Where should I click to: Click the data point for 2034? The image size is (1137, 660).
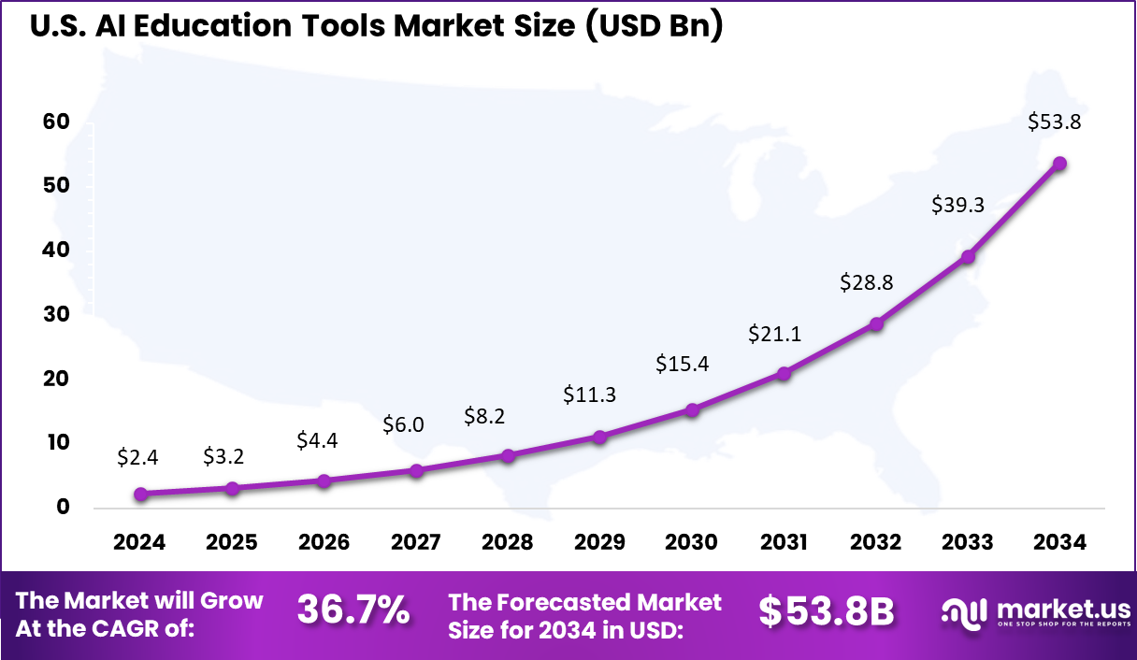coord(1059,163)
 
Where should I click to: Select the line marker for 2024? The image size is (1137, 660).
coord(140,494)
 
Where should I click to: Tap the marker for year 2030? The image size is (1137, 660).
coord(692,409)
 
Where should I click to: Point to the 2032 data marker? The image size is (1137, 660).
coord(876,323)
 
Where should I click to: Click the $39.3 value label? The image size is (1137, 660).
coord(957,206)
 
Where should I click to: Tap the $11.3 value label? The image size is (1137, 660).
coord(589,395)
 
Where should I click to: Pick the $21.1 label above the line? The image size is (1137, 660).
coord(774,334)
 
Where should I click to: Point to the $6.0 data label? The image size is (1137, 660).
coord(403,424)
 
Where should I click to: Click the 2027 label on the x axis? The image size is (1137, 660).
coord(416,542)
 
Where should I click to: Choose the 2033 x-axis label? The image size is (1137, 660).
coord(968,542)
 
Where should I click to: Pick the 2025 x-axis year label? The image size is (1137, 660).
coord(232,542)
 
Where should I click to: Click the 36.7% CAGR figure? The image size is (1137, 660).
coord(353,610)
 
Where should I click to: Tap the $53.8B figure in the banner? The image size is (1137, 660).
coord(826,610)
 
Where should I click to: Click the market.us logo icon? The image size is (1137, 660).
coord(963,612)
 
